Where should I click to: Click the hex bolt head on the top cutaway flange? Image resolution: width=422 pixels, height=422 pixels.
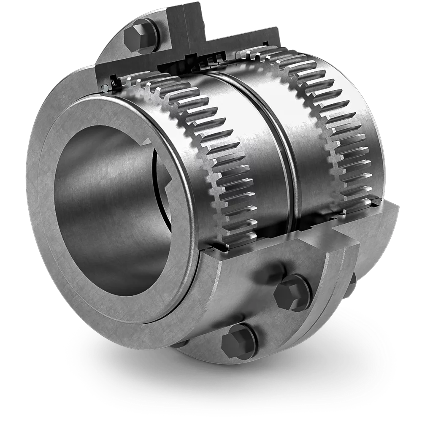tap(141, 35)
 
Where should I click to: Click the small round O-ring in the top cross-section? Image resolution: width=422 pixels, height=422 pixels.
tap(104, 88)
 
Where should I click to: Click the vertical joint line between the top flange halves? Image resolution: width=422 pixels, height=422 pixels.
tap(185, 25)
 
